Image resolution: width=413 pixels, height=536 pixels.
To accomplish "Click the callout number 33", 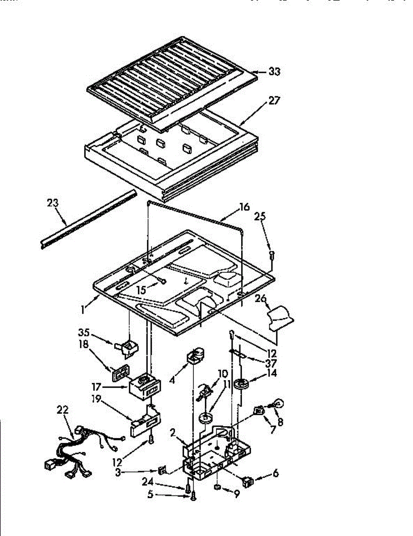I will pyautogui.click(x=274, y=71).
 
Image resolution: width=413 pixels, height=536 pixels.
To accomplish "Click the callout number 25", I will pyautogui.click(x=260, y=218).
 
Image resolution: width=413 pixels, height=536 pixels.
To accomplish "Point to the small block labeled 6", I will pyautogui.click(x=246, y=482).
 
